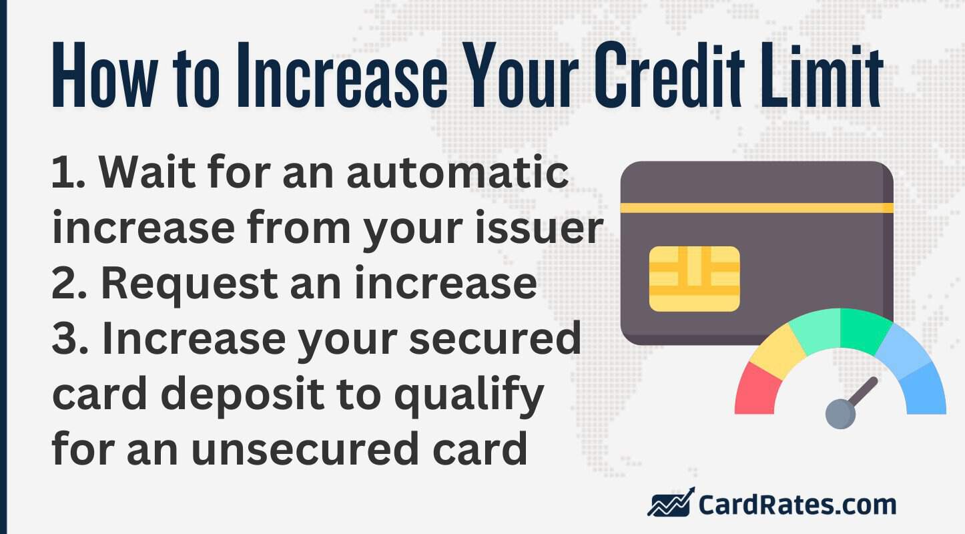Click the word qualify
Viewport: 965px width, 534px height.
pos(467,395)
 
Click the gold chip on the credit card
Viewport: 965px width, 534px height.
pos(694,278)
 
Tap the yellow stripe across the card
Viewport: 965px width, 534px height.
pos(756,208)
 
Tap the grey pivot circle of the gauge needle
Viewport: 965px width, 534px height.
pos(840,414)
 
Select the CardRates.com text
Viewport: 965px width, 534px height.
pos(797,504)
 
